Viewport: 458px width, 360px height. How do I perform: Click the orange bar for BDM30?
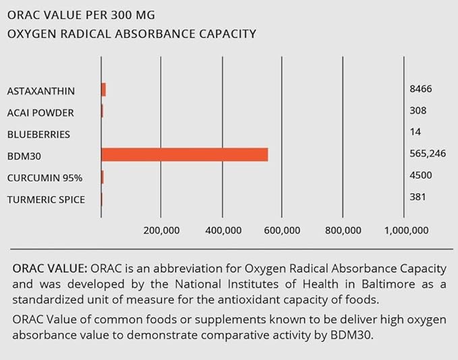(184, 154)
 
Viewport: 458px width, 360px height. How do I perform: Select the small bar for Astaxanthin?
(103, 90)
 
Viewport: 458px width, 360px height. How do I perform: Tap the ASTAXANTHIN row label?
(41, 91)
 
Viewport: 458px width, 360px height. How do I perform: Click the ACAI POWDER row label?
(40, 113)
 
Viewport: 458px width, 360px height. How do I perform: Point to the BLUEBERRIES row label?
(39, 134)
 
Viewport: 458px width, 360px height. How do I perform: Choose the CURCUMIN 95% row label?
(45, 178)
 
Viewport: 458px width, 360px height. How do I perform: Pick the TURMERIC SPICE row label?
(46, 200)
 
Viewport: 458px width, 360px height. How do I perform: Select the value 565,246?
(428, 154)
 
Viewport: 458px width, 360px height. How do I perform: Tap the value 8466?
(420, 89)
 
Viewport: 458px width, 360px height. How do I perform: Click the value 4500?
(420, 175)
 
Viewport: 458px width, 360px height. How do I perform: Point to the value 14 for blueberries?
(415, 132)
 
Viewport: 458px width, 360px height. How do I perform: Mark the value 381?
(418, 197)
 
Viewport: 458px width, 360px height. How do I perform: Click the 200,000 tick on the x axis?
(162, 231)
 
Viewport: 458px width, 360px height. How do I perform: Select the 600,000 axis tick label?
(282, 231)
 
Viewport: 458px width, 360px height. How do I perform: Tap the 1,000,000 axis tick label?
(407, 231)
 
